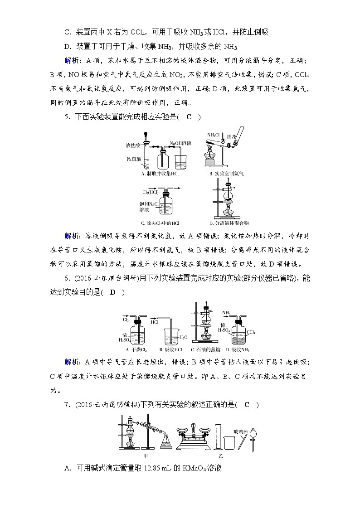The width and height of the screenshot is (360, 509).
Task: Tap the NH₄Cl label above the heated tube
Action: (214, 135)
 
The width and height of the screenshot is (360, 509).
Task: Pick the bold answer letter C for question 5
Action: (189, 117)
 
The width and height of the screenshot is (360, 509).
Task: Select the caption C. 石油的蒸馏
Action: (205, 350)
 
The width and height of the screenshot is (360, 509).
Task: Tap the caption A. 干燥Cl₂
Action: (135, 350)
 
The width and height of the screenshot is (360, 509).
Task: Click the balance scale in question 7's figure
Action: (195, 438)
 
